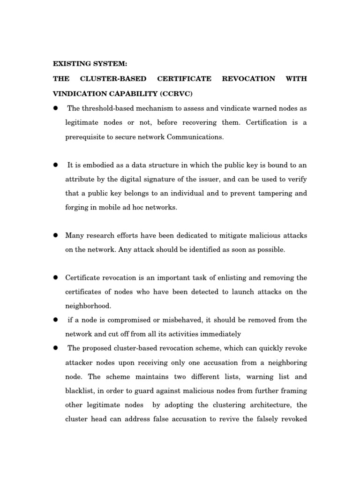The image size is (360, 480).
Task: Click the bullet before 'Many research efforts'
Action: tap(55, 235)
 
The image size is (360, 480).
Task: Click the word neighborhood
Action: tap(88, 306)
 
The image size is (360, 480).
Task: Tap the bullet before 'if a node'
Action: tap(55, 320)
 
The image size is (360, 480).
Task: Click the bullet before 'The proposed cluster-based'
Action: tap(55, 348)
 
